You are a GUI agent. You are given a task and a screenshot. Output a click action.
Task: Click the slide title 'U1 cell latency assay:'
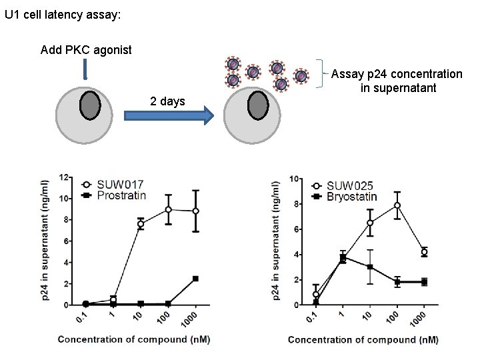click(x=63, y=14)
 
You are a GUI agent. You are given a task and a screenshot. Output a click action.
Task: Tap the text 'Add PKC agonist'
click(x=86, y=50)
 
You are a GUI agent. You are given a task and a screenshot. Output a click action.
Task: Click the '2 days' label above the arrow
click(x=167, y=101)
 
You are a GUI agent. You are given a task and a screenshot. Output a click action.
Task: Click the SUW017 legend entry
click(x=120, y=185)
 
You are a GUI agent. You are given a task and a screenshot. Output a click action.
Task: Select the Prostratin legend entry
click(x=121, y=195)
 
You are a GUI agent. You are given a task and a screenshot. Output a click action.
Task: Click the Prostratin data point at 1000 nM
click(x=195, y=279)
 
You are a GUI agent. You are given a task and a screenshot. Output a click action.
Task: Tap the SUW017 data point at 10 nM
click(x=141, y=225)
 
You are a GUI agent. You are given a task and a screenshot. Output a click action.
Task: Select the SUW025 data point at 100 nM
click(x=397, y=205)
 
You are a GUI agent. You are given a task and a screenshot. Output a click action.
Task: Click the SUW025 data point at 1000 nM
click(x=424, y=252)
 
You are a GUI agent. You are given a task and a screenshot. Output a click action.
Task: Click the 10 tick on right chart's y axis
click(x=294, y=179)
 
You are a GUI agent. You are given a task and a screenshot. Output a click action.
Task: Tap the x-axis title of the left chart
click(x=133, y=339)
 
